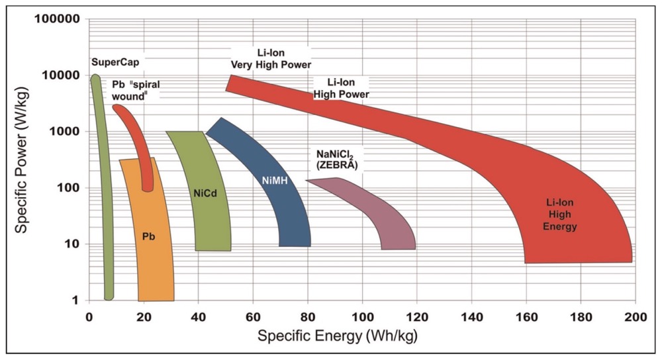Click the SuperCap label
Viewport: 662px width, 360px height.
click(110, 62)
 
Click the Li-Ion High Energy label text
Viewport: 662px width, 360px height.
click(561, 216)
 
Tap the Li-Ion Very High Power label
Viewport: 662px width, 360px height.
click(271, 58)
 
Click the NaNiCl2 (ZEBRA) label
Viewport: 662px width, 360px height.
click(334, 159)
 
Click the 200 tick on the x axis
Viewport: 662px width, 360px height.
click(634, 316)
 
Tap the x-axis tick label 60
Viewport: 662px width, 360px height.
click(253, 316)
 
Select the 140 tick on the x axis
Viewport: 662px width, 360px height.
click(471, 316)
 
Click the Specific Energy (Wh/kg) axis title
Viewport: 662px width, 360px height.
click(338, 336)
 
